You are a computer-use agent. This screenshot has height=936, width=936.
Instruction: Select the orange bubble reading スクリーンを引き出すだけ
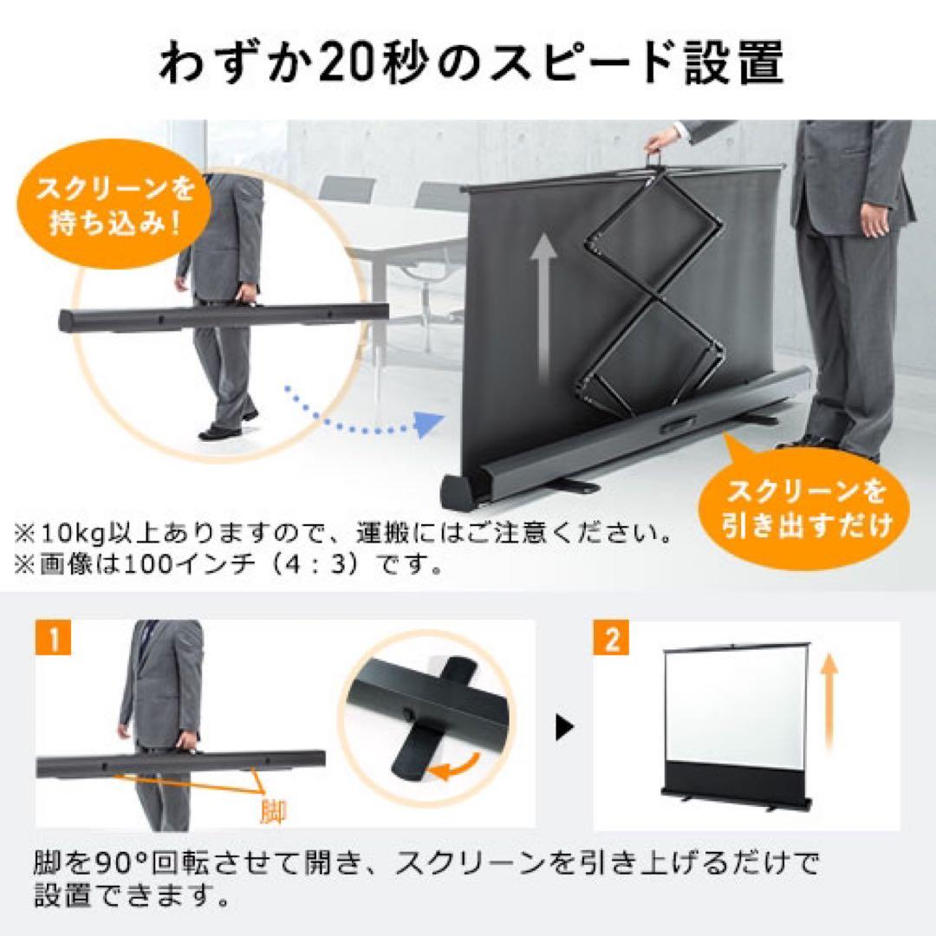tap(796, 508)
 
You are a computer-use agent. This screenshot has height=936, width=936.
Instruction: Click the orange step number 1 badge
tap(55, 641)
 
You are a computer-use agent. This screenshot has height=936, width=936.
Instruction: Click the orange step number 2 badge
tap(612, 641)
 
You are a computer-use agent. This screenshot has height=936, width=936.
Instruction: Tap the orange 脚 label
tap(274, 811)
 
